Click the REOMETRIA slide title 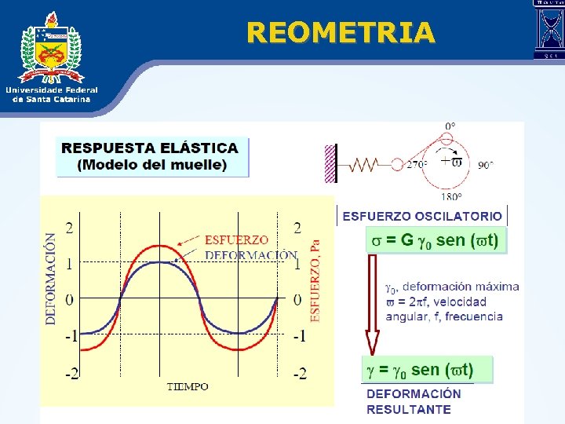(340, 32)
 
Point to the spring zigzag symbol (366, 165)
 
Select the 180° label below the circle (451, 197)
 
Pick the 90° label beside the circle (486, 165)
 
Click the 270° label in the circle (417, 165)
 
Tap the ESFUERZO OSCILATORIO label (422, 216)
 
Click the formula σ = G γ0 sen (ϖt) (436, 239)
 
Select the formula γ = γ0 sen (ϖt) (427, 369)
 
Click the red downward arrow (373, 306)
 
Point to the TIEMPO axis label (188, 386)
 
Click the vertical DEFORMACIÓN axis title (51, 280)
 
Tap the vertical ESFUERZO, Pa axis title (316, 280)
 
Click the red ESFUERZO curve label (236, 239)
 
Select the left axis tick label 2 (71, 228)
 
